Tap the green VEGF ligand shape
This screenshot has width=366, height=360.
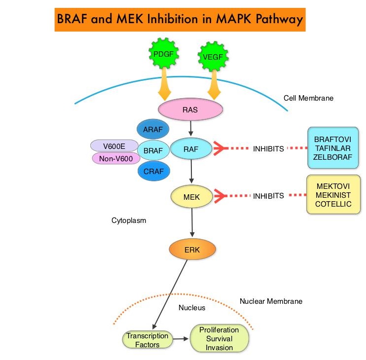(213, 57)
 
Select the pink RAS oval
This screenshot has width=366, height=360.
(189, 110)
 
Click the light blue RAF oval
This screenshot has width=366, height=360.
(191, 147)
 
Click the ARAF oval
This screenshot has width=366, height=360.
(152, 130)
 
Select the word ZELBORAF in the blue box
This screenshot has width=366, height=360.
(333, 156)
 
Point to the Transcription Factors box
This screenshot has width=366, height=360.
(147, 340)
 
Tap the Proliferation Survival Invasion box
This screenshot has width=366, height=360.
(219, 338)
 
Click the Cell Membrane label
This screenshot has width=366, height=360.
(308, 98)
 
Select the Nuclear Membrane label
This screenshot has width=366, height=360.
(271, 301)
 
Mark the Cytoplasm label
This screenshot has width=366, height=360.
(129, 220)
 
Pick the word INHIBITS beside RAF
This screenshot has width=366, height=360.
(268, 148)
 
